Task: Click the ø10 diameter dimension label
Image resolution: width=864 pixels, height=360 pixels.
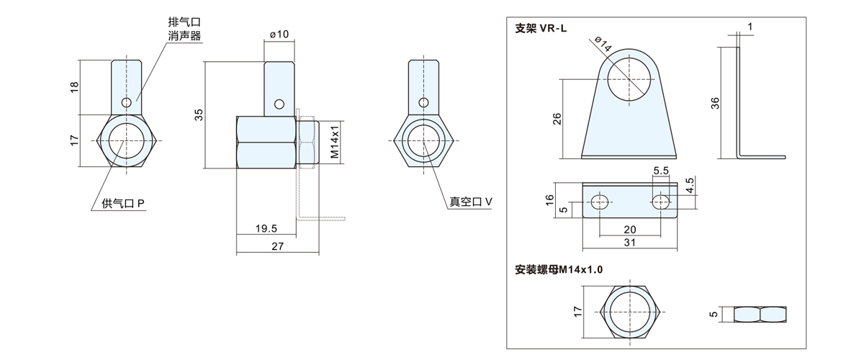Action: click(x=279, y=35)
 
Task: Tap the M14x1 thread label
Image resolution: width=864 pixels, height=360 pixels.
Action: click(x=335, y=143)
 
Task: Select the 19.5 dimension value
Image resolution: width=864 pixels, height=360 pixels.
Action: click(x=266, y=228)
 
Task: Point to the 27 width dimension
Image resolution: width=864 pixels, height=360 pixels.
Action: click(x=278, y=247)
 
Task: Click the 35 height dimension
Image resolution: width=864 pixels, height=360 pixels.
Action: click(x=199, y=114)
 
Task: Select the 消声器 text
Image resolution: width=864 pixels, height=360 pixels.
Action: click(x=184, y=35)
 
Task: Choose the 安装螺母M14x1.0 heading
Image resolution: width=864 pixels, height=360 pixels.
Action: click(x=559, y=269)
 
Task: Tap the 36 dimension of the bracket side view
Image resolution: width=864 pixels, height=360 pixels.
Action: click(x=715, y=103)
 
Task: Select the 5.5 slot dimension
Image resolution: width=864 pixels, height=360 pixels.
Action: click(x=661, y=171)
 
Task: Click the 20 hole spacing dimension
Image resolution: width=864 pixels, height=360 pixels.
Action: click(x=630, y=228)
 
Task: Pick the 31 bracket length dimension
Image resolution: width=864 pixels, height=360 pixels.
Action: click(x=630, y=243)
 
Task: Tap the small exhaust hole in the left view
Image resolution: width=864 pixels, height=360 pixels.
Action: click(x=127, y=102)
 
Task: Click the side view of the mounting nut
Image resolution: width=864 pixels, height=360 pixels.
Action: click(x=761, y=314)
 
